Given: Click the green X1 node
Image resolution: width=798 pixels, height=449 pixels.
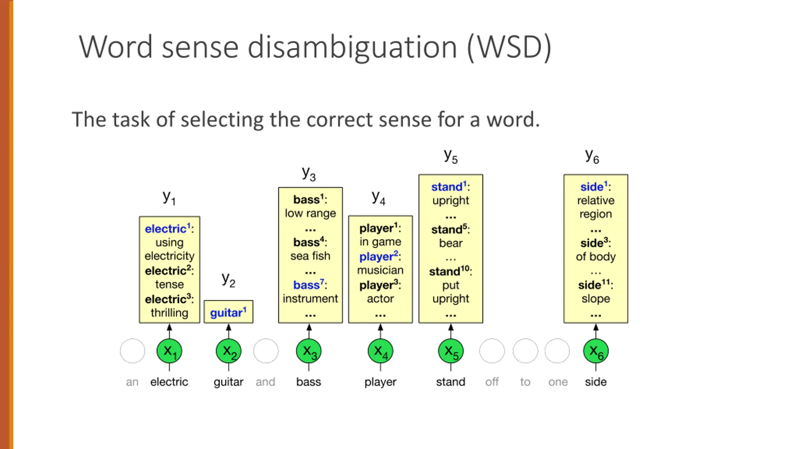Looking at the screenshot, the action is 169,351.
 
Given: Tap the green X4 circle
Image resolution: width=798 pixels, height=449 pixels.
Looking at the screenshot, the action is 380,351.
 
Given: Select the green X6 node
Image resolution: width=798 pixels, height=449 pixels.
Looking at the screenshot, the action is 596,351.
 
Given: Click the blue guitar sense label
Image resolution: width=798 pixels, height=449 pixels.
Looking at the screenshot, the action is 228,312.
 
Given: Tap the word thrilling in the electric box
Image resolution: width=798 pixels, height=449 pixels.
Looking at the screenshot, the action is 169,313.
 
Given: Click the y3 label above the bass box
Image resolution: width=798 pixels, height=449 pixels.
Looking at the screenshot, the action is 309,173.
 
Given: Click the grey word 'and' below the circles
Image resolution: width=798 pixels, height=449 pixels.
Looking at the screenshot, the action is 266,382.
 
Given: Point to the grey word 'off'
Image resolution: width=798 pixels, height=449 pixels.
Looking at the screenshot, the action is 492,382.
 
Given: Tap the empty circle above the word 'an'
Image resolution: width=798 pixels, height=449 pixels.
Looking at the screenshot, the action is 132,351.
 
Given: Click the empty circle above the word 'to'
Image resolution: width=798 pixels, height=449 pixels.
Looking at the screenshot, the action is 525,351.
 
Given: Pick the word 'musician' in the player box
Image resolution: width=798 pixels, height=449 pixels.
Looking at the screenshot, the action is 380,270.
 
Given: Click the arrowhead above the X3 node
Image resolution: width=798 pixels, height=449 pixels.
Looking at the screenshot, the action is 309,327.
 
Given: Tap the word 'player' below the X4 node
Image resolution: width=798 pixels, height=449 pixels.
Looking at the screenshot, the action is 380,382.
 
